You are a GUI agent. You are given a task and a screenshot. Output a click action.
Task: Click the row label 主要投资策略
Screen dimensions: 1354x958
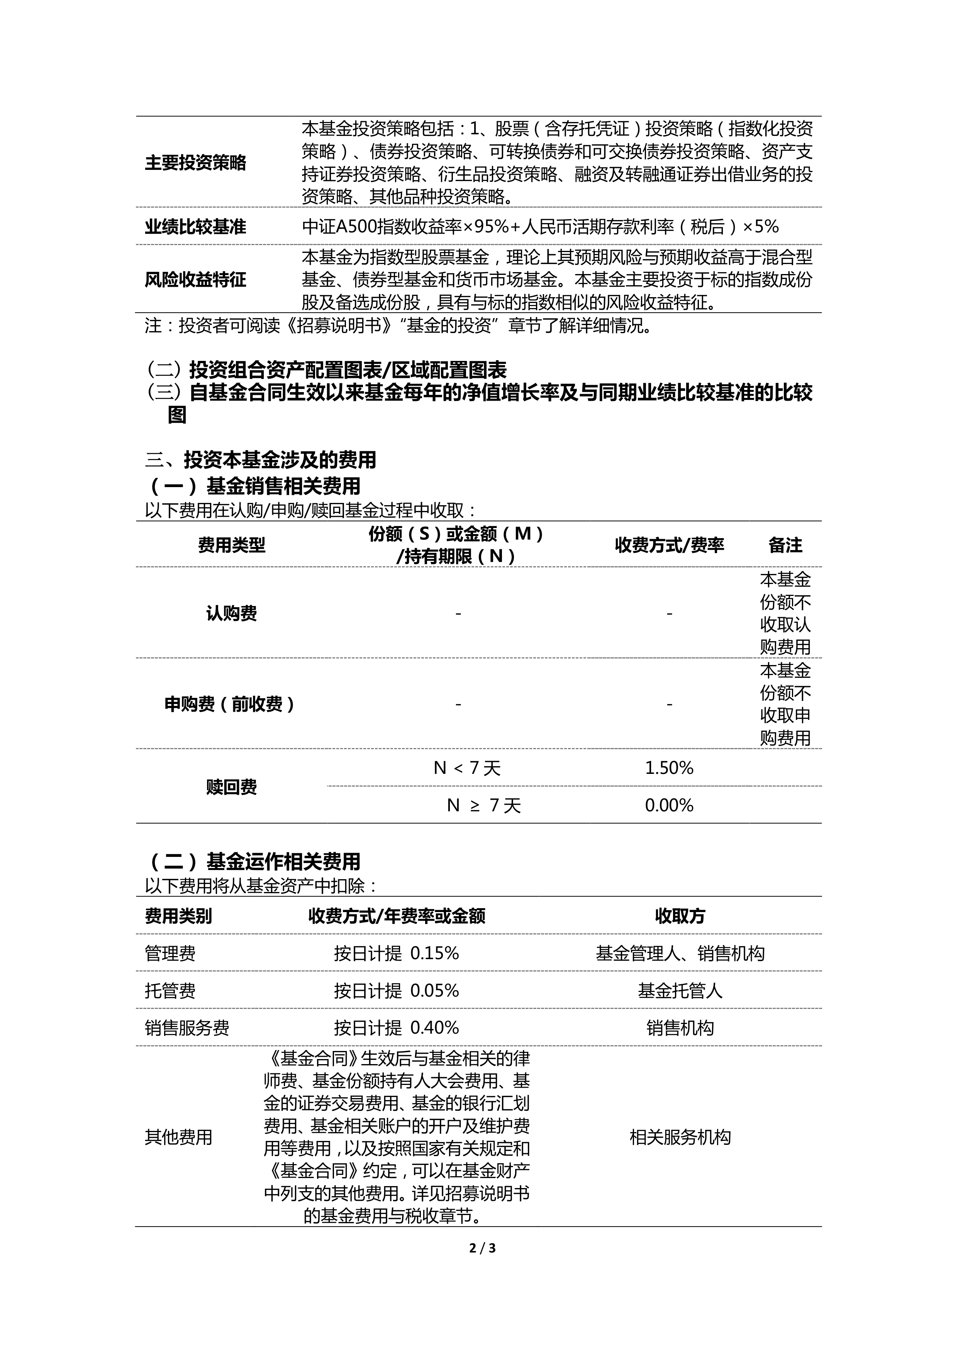click(195, 163)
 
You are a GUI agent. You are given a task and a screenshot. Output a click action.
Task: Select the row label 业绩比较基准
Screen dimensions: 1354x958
click(195, 227)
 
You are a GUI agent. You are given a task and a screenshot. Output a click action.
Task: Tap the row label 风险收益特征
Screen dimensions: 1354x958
click(195, 279)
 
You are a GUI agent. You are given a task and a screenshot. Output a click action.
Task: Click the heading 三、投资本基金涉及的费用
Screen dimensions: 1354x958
click(261, 460)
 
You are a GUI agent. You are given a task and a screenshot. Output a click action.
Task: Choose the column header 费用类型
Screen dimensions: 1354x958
click(231, 545)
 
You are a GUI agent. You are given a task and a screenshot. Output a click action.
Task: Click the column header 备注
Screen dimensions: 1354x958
click(785, 545)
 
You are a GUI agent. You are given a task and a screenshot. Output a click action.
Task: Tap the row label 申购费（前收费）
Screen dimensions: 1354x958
click(230, 704)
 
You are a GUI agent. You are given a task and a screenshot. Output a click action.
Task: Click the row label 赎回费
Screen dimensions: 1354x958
click(231, 787)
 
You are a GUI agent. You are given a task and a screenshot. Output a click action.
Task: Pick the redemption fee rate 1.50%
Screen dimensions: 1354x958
click(669, 768)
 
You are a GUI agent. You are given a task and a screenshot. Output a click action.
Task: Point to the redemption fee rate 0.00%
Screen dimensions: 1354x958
click(669, 806)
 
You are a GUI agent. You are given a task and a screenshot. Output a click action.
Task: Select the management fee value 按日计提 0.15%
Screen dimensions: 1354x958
click(397, 954)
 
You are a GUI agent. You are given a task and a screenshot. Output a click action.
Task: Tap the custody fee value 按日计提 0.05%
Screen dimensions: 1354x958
click(397, 991)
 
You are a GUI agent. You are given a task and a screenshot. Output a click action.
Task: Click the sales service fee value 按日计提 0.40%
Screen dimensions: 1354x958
click(397, 1028)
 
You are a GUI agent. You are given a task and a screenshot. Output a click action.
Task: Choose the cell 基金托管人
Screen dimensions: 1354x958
click(680, 991)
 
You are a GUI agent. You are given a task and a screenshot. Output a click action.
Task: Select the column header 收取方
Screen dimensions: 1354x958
click(680, 916)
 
